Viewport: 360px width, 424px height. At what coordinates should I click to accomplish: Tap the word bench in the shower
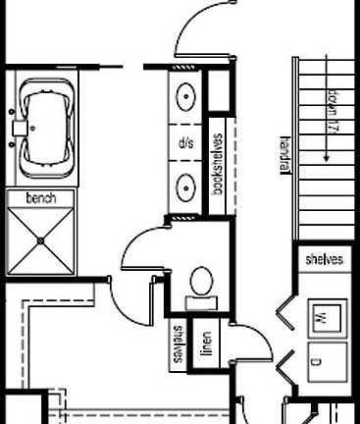pyautogui.click(x=41, y=198)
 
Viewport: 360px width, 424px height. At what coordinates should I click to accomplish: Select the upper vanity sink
pyautogui.click(x=185, y=97)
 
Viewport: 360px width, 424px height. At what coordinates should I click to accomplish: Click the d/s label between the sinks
pyautogui.click(x=185, y=142)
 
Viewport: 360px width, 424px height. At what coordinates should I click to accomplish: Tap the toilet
pyautogui.click(x=202, y=282)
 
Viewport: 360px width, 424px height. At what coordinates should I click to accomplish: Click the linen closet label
pyautogui.click(x=208, y=343)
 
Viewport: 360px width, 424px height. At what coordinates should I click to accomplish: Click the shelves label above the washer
pyautogui.click(x=324, y=260)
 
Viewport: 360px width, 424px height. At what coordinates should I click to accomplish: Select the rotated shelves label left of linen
pyautogui.click(x=179, y=344)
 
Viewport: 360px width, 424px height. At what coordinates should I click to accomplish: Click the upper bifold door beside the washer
pyautogui.click(x=285, y=313)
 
